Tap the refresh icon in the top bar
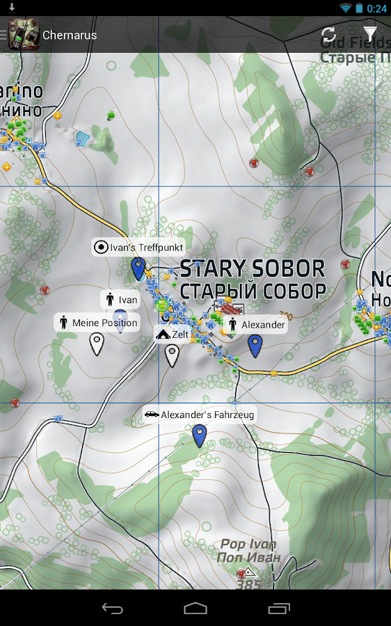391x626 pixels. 328,35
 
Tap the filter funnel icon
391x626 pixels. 370,35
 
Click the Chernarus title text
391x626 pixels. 70,35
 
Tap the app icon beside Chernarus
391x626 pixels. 23,35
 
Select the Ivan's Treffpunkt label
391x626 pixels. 138,247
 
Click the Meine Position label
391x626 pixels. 97,323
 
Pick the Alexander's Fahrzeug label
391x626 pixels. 200,415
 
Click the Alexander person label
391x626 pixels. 255,325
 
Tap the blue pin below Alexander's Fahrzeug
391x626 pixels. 200,435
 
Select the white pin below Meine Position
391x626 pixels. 97,344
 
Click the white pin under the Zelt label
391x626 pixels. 172,355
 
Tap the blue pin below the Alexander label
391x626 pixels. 255,345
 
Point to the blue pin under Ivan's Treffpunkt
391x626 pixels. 138,268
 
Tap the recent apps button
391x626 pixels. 279,608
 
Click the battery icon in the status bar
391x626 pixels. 359,8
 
